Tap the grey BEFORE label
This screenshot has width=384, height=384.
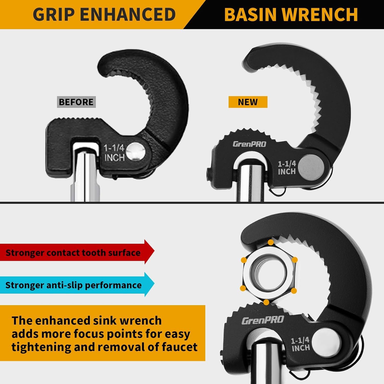(76, 102)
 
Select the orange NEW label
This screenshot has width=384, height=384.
(248, 102)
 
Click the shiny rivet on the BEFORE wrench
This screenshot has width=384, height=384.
(135, 152)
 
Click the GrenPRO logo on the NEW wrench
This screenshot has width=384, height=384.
(250, 144)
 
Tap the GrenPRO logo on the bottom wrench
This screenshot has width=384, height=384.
(263, 320)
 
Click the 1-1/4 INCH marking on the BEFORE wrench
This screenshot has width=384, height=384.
(114, 153)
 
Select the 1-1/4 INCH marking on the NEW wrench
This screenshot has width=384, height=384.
(287, 168)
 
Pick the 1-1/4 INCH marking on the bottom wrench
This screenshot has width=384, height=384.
(301, 344)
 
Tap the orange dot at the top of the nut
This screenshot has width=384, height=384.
(271, 242)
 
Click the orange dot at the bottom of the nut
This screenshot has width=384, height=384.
(266, 302)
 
